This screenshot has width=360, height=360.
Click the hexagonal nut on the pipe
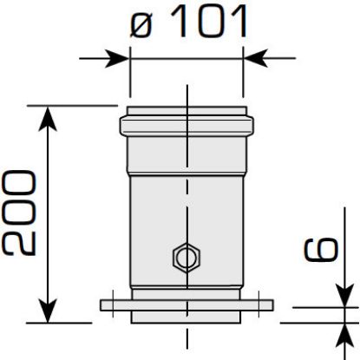(184, 258)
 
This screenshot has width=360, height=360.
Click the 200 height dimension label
(19, 213)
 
